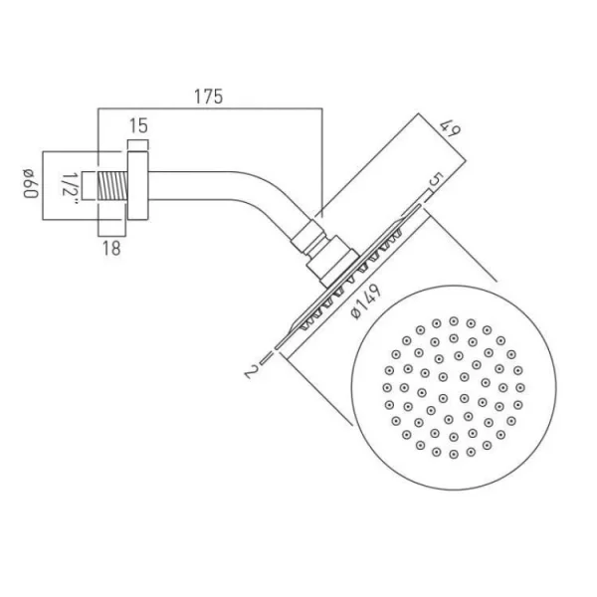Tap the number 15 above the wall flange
click(138, 126)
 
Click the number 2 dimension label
click(256, 372)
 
